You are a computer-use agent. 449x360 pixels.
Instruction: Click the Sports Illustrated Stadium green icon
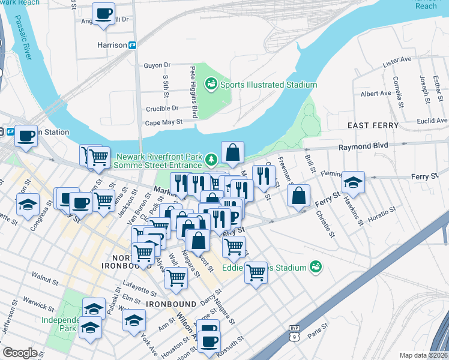point(211,85)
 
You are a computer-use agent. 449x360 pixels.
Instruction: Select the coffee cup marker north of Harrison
point(103,13)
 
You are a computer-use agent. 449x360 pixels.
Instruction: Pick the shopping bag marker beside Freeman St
point(298,196)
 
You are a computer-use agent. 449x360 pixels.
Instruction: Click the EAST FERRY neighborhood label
point(373,125)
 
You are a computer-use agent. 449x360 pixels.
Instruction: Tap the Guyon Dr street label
point(157,65)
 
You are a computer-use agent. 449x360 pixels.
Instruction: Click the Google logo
point(20,353)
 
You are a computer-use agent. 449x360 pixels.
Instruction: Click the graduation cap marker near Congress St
point(28,205)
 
